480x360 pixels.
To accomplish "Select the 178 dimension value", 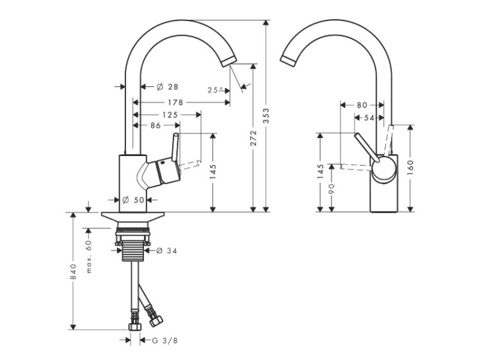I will (x=173, y=102).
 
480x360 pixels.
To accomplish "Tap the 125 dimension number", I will (x=170, y=115).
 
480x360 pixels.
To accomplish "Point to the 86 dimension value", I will (x=156, y=127).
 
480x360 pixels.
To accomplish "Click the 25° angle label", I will (x=216, y=90).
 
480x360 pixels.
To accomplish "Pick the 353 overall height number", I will (x=267, y=115).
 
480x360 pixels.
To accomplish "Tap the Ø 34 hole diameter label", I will (x=166, y=251).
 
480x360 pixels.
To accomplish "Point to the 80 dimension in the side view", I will (x=362, y=104).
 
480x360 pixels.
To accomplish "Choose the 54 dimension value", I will (x=369, y=118).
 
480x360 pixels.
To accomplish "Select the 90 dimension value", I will (x=333, y=189).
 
